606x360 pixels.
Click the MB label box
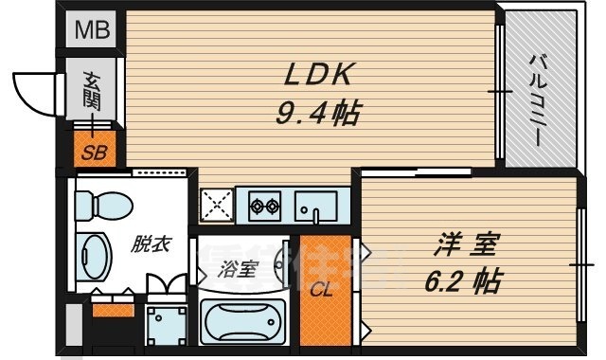(x=92, y=29)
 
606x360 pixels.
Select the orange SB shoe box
(x=92, y=150)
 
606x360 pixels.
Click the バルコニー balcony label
(x=537, y=98)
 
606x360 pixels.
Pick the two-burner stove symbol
(x=262, y=204)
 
